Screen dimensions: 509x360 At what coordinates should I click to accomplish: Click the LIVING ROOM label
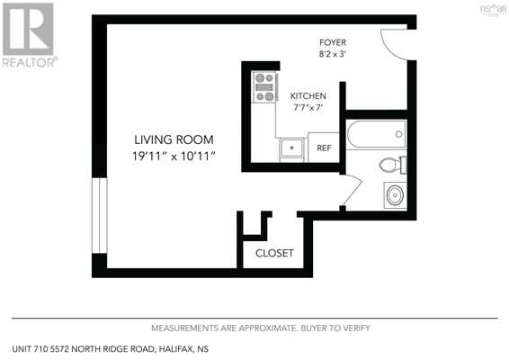[x=174, y=139]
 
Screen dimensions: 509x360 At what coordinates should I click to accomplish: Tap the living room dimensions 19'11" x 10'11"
[x=174, y=157]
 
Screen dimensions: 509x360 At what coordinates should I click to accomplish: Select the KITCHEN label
[x=308, y=96]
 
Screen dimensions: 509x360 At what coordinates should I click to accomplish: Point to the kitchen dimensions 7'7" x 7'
[x=308, y=107]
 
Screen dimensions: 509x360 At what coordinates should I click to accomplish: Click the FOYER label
[x=333, y=42]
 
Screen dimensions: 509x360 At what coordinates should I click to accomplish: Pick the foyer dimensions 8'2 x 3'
[x=333, y=54]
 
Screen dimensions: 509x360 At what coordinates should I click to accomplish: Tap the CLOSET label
[x=274, y=253]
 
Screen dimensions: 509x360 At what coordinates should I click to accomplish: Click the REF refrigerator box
[x=324, y=148]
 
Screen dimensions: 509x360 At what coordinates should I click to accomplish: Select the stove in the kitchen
[x=265, y=87]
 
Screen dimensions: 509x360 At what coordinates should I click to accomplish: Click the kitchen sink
[x=292, y=148]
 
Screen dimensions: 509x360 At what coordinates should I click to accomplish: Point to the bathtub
[x=376, y=134]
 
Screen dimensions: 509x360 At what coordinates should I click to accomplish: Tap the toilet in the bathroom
[x=393, y=165]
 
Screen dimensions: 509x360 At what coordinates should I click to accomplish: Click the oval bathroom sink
[x=396, y=195]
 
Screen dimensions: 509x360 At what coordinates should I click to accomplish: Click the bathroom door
[x=353, y=190]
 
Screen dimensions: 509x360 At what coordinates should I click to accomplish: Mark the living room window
[x=100, y=215]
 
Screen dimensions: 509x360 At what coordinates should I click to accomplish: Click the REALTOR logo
[x=29, y=35]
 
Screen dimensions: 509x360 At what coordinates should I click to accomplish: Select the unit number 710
[x=42, y=349]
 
